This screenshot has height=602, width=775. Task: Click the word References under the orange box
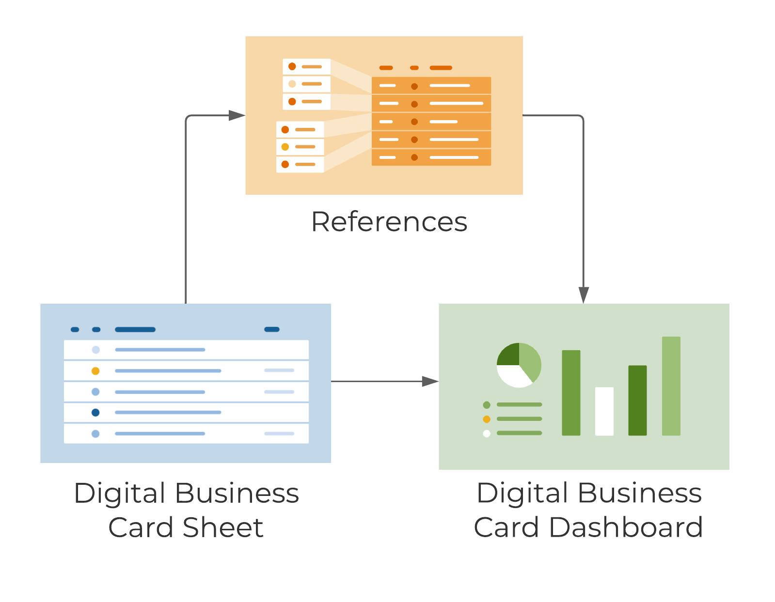(x=389, y=222)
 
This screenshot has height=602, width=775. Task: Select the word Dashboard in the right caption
(x=626, y=527)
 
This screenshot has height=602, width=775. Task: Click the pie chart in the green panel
(x=519, y=365)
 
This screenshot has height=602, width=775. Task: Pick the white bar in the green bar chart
(x=604, y=411)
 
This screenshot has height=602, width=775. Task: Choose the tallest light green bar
(x=671, y=386)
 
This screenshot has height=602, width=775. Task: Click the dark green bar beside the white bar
(x=637, y=400)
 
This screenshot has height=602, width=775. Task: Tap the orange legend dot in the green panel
(x=487, y=419)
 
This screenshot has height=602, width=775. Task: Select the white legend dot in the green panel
(x=487, y=433)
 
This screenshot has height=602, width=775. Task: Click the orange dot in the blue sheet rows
(x=95, y=371)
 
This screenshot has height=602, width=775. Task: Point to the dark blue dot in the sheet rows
(x=95, y=413)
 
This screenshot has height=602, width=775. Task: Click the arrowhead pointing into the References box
(x=237, y=115)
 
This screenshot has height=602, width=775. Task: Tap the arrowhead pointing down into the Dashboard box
(x=584, y=294)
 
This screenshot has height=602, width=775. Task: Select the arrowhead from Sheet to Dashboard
(x=430, y=382)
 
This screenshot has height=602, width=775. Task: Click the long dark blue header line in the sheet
(x=135, y=329)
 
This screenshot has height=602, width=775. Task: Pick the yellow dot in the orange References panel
(x=285, y=147)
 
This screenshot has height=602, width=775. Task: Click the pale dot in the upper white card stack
(x=292, y=84)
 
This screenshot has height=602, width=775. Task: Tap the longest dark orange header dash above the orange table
(x=441, y=68)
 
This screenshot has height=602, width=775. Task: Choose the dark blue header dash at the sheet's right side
(x=271, y=329)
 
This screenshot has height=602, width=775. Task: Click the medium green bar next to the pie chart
(x=571, y=393)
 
